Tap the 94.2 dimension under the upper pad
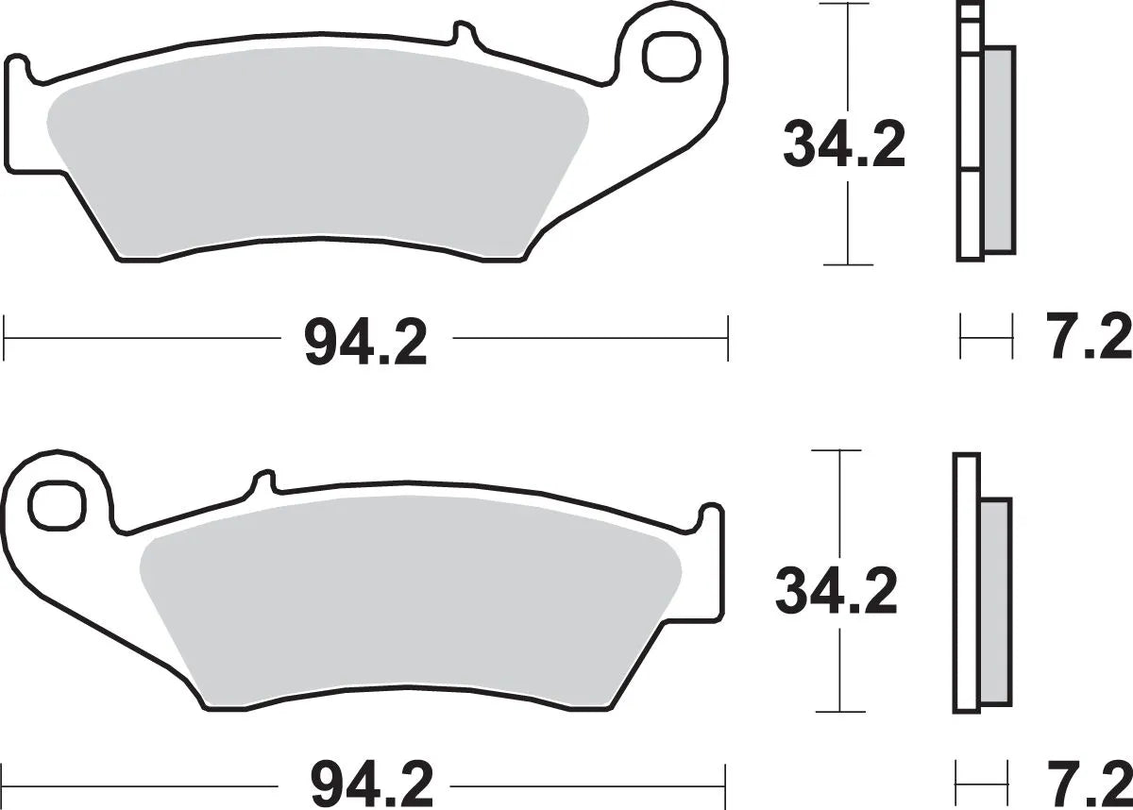click(x=365, y=343)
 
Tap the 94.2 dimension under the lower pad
click(x=370, y=783)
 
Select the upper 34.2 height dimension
click(x=843, y=145)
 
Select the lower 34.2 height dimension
click(x=836, y=591)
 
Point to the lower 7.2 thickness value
click(x=1088, y=783)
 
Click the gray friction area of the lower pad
click(x=406, y=614)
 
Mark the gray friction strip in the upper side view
click(x=998, y=151)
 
